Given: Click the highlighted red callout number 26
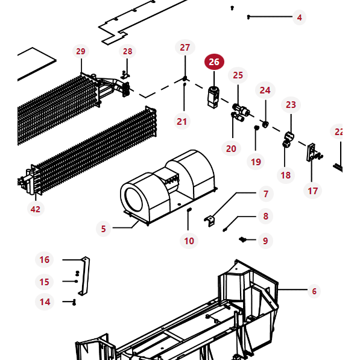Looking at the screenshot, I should point(214,62).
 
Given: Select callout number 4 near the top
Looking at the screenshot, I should point(299,17).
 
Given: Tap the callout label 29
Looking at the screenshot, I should point(81,52).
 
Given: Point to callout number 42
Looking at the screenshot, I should point(36,209).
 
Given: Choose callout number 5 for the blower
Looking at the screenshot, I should point(103,229).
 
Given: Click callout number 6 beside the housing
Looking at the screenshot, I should point(314,291).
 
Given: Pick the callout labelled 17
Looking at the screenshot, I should point(312,191).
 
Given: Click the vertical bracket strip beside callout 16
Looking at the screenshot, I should point(84,276).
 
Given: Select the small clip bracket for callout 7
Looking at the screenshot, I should point(210,221).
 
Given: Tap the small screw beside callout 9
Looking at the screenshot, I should point(244,240).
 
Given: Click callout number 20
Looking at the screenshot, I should point(231,148).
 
